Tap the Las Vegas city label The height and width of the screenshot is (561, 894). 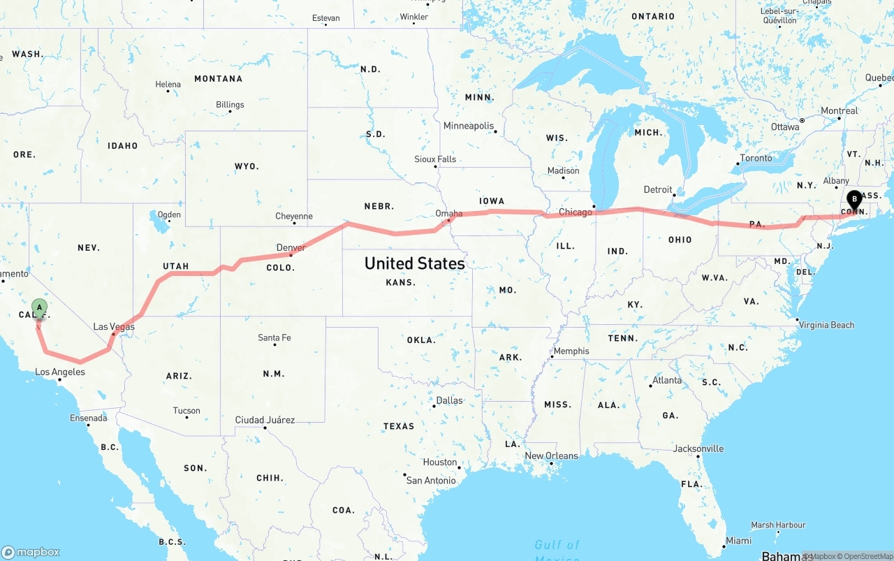tap(114, 327)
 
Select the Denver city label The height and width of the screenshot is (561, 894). tap(291, 247)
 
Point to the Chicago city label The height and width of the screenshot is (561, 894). tap(575, 212)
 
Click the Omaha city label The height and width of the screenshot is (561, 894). tap(448, 213)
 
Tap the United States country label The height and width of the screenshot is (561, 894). tap(414, 263)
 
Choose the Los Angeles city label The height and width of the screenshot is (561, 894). tap(60, 372)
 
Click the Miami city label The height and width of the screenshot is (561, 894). tap(738, 541)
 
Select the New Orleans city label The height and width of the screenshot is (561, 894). tap(551, 456)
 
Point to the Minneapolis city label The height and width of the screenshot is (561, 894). tap(468, 126)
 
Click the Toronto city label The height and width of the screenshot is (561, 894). tap(756, 158)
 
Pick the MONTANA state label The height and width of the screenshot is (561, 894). tap(218, 79)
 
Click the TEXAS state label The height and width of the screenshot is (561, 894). tap(398, 425)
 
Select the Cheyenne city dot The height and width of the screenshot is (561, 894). tap(293, 225)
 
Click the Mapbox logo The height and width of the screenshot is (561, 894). tap(31, 552)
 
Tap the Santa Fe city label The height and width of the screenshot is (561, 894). tap(274, 337)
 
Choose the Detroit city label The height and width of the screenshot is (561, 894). tap(657, 189)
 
